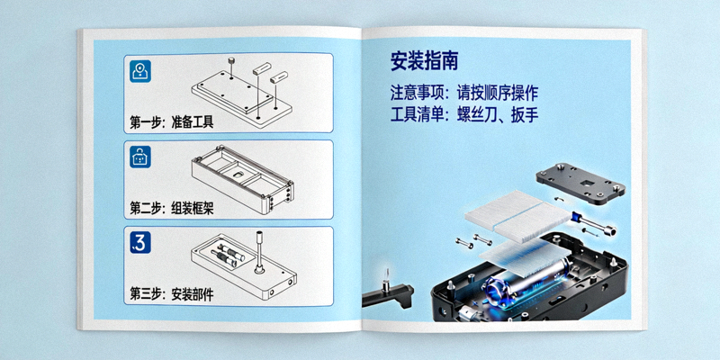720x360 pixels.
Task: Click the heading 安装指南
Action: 425,61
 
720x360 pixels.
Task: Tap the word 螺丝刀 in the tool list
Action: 481,115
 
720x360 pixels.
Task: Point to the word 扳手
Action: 529,115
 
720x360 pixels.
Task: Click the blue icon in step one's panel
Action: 140,72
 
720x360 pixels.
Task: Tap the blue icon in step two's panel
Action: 140,157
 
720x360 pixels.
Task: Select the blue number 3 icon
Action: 140,241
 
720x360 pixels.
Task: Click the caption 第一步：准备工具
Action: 172,121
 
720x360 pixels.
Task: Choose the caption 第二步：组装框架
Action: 172,208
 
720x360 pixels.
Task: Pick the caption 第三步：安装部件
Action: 172,293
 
